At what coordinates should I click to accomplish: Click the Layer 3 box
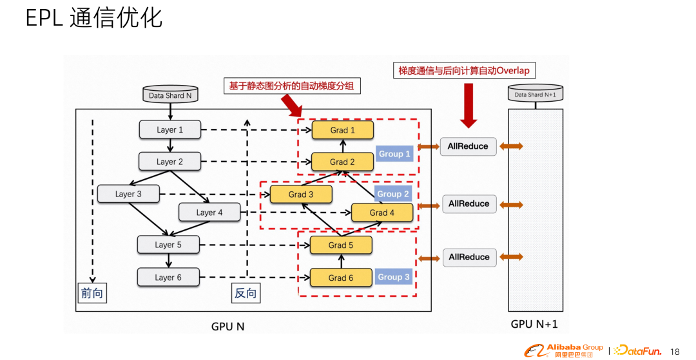pos(128,194)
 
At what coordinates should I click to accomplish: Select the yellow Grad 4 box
pos(382,213)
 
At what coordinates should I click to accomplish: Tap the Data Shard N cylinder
pos(170,95)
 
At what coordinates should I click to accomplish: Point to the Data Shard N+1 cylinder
pos(535,94)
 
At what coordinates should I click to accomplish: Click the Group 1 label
pos(394,154)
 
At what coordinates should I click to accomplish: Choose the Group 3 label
pos(393,277)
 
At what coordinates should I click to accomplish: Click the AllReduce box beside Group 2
pos(469,204)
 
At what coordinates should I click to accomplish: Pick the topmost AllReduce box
pos(468,146)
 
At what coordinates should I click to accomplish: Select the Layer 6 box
pos(168,278)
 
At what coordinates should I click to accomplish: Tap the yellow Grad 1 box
pos(343,130)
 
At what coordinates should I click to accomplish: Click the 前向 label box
pos(92,294)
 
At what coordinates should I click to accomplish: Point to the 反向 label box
pos(245,294)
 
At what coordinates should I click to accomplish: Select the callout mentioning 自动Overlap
pos(464,70)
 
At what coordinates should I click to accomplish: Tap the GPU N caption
pos(227,327)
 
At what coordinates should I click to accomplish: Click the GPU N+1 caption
pos(534,324)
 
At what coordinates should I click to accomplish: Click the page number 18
pos(675,352)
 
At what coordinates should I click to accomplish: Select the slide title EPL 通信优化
pos(93,19)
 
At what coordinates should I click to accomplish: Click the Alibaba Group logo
pos(563,350)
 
